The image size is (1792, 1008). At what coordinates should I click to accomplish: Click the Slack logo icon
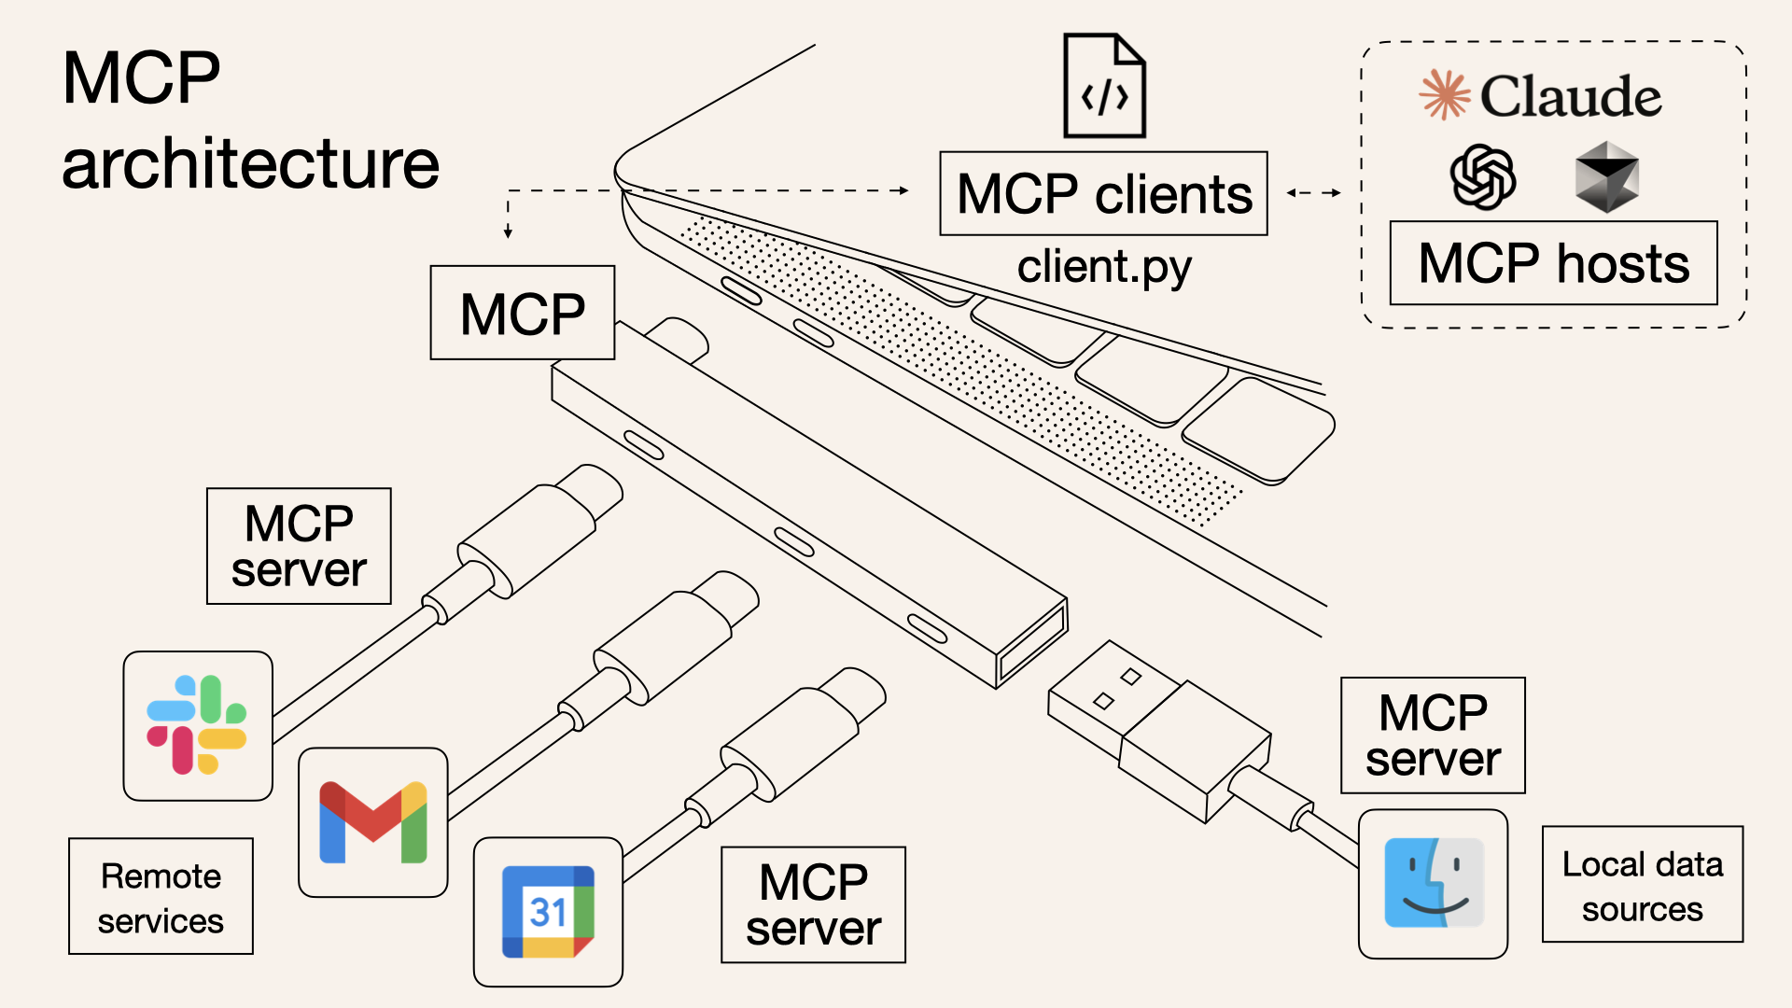[x=197, y=725]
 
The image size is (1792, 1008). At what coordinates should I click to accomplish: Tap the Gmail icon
[x=372, y=822]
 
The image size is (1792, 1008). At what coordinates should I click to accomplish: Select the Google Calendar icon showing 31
[x=548, y=912]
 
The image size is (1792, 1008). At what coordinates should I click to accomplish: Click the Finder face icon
[x=1433, y=883]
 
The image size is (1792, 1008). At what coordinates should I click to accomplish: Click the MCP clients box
[x=1103, y=194]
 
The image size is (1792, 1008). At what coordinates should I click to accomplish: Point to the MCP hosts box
[x=1553, y=263]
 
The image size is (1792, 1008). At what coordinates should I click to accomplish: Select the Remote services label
[x=161, y=896]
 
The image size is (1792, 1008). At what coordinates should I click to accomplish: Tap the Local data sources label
[x=1642, y=885]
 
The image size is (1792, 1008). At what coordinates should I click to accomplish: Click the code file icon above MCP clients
[x=1105, y=86]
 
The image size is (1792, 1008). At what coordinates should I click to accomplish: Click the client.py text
[x=1103, y=267]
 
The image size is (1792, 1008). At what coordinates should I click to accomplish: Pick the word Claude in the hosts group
[x=1571, y=97]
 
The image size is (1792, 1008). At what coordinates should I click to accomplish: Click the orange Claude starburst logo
[x=1444, y=94]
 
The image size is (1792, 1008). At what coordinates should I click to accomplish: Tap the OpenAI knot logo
[x=1482, y=176]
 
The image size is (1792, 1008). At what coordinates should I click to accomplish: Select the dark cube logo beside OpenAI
[x=1606, y=176]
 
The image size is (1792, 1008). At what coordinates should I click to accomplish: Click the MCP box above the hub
[x=522, y=313]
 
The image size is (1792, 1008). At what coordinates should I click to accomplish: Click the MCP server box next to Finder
[x=1433, y=735]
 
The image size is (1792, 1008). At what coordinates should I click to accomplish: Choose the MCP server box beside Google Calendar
[x=813, y=904]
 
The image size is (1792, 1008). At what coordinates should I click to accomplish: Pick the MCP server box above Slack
[x=299, y=546]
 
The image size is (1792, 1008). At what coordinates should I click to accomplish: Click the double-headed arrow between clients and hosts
[x=1313, y=193]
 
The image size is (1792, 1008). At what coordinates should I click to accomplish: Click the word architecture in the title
[x=250, y=163]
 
